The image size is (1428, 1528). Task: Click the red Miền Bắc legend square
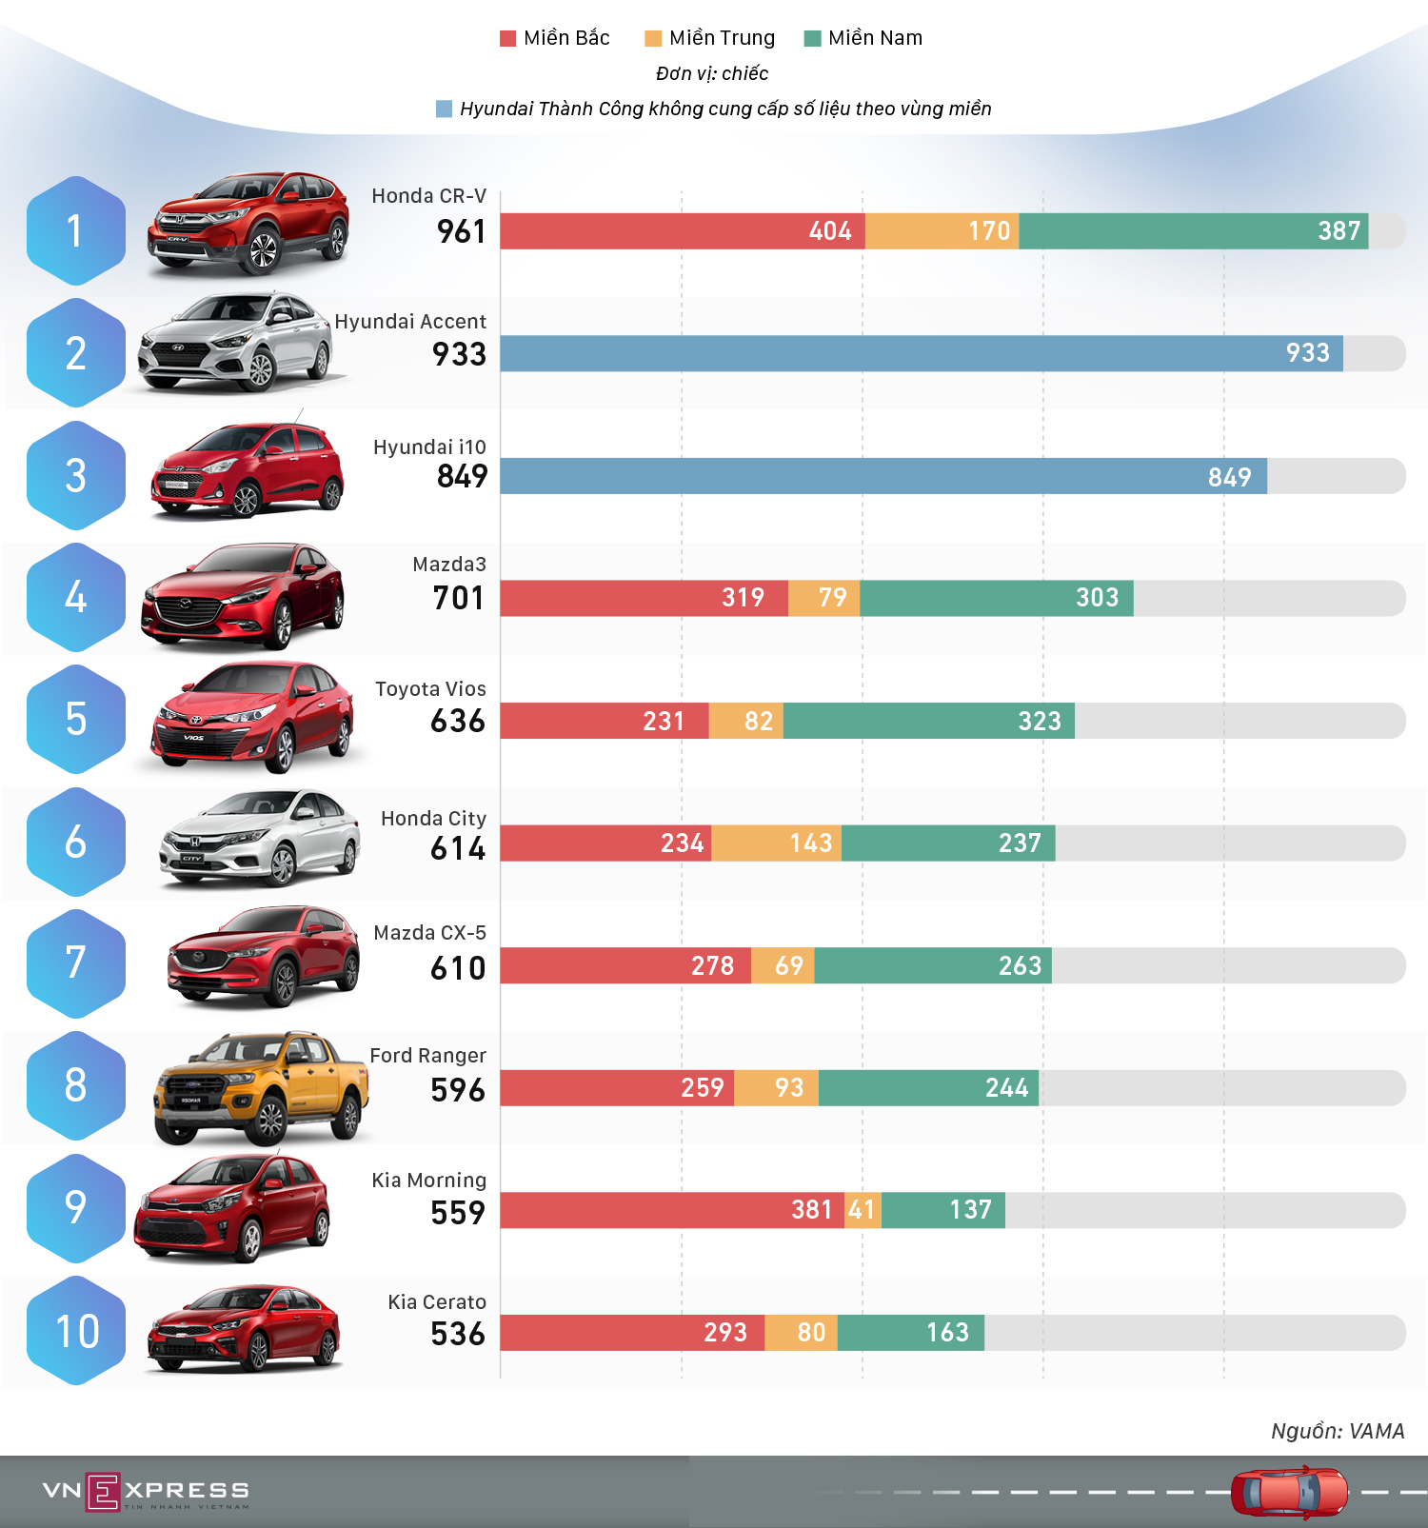point(507,38)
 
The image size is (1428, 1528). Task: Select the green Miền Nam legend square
point(812,38)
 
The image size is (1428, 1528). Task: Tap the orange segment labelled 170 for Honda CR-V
point(942,231)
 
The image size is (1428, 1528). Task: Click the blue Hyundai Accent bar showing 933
point(921,353)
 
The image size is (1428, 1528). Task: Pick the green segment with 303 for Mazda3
point(996,598)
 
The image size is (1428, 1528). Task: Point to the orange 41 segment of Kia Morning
point(863,1210)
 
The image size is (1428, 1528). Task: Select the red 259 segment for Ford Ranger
point(617,1087)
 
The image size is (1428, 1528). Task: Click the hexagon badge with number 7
point(76,963)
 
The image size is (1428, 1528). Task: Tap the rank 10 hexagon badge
point(76,1331)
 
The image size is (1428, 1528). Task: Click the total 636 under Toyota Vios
point(458,721)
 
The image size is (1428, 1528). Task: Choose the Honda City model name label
point(433,819)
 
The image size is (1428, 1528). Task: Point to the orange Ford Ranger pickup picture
point(259,1087)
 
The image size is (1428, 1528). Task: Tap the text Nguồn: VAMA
point(1338,1431)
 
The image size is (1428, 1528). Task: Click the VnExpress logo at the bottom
point(146,1491)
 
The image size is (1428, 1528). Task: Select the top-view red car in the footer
point(1289,1492)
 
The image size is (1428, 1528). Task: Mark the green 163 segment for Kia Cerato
point(910,1332)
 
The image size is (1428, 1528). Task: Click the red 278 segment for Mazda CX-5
point(625,965)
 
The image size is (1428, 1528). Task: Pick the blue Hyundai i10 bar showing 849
point(883,476)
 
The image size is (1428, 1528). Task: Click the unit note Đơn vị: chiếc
point(712,73)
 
